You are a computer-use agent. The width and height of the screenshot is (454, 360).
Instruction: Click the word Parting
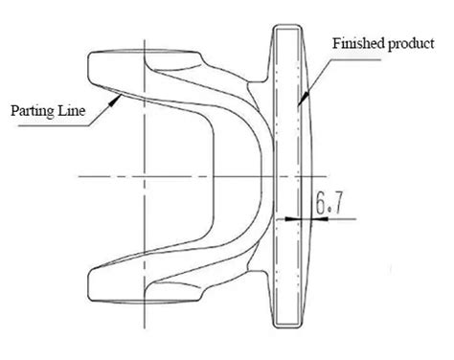(33, 111)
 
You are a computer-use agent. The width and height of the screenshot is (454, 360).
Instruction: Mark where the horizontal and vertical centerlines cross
(146, 176)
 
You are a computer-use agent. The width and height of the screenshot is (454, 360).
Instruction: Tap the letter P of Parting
(15, 110)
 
